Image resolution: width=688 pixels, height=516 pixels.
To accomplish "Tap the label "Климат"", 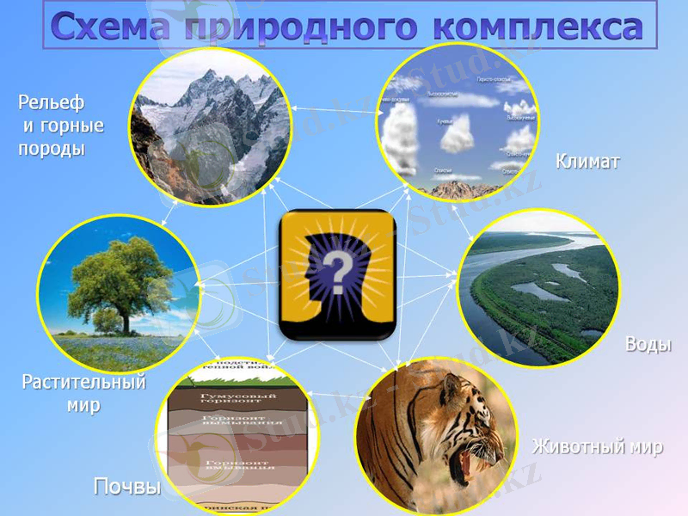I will pyautogui.click(x=587, y=161).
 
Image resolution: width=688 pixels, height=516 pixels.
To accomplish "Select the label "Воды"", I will pyautogui.click(x=648, y=344).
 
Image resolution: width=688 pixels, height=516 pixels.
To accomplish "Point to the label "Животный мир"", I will pyautogui.click(x=597, y=446).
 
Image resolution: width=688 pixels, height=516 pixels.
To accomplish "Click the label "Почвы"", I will pyautogui.click(x=127, y=488).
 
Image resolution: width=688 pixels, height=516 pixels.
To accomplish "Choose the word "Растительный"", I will pyautogui.click(x=83, y=383).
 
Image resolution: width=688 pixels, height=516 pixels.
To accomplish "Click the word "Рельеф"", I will pyautogui.click(x=52, y=103).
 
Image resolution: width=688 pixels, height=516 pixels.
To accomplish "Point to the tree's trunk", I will pyautogui.click(x=126, y=322).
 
